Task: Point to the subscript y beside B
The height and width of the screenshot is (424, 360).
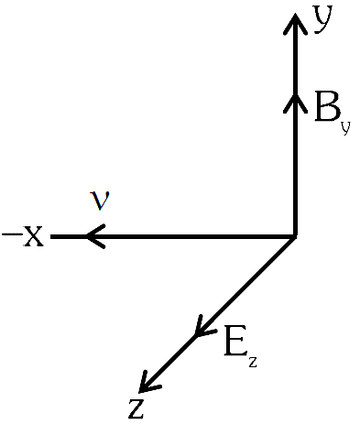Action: (345, 128)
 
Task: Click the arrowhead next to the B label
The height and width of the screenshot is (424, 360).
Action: (295, 103)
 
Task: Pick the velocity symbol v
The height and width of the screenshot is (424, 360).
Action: (100, 201)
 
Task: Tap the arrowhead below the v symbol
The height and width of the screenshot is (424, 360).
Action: (95, 236)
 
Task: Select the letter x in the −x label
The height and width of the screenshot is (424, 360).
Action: (33, 236)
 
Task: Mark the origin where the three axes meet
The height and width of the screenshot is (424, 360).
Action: (295, 236)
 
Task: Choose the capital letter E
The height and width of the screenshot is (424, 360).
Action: (235, 341)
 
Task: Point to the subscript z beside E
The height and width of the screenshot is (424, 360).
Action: (252, 362)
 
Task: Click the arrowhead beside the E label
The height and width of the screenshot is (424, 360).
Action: (203, 327)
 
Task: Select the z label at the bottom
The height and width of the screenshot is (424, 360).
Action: (136, 408)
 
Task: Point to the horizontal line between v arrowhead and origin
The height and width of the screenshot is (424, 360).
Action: (191, 236)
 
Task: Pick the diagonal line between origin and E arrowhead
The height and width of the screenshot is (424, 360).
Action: (246, 286)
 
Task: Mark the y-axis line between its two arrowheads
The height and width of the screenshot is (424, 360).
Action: (295, 60)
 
